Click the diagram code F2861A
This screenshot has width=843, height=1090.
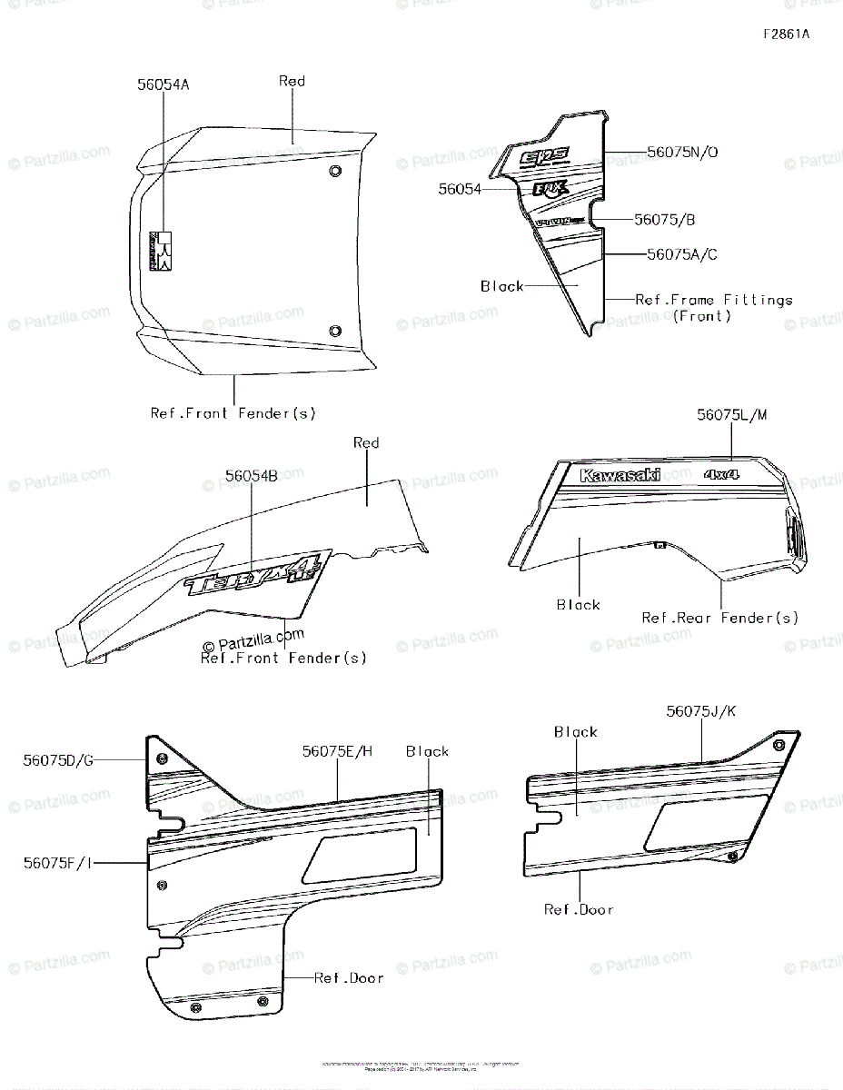[786, 35]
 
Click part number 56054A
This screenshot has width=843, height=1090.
[164, 84]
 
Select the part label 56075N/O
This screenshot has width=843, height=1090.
[682, 153]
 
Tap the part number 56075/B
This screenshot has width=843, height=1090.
[665, 220]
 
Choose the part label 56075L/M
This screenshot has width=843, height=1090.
[732, 414]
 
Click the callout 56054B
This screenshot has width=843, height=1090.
[252, 475]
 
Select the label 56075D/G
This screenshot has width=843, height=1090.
[58, 760]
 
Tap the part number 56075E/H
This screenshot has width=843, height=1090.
[338, 751]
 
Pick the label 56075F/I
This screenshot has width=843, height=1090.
[58, 863]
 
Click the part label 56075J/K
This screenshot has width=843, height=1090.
[701, 711]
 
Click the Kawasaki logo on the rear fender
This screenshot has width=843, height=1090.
[620, 475]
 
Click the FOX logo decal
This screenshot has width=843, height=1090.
[550, 189]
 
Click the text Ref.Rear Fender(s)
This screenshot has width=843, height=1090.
[720, 618]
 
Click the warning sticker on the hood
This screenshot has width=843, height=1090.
[161, 250]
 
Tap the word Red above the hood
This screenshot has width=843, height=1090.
[292, 81]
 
